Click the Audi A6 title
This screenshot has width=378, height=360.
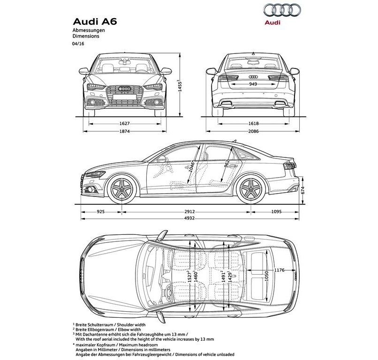95,22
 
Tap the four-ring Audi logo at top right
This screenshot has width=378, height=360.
282,11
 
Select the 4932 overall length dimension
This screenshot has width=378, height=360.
189,218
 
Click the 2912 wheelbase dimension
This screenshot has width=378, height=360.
189,212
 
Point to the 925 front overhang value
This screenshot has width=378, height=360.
100,212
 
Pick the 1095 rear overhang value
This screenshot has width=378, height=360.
276,212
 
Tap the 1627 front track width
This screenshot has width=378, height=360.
124,124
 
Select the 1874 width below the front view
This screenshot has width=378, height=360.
124,131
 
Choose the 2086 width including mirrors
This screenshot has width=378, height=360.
253,131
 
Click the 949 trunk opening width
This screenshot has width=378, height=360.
253,84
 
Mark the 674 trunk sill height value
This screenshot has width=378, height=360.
303,191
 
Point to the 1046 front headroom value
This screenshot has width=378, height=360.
192,166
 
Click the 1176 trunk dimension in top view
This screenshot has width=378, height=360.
279,270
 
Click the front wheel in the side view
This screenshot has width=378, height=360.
122,189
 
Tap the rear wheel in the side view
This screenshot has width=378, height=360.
251,189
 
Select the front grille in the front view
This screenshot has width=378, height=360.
124,96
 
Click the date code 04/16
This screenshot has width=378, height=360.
78,44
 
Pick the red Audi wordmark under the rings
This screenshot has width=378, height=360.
272,22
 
